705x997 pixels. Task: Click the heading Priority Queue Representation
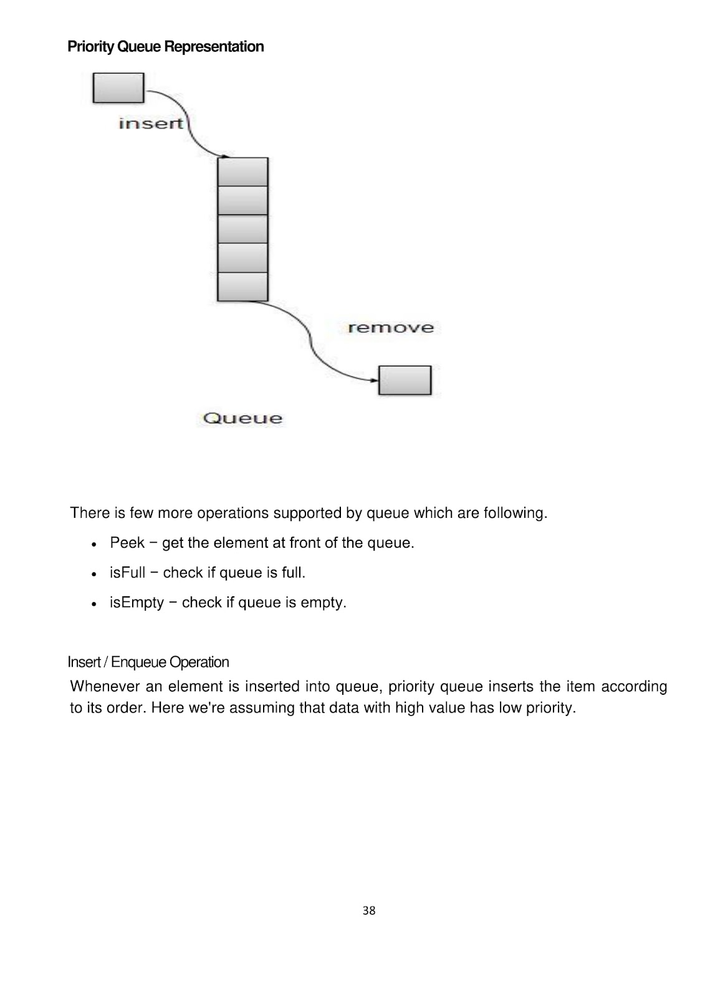[165, 47]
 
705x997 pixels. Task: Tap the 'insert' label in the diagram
[151, 123]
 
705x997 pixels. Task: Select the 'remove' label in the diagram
[390, 328]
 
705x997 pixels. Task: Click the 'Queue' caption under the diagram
[242, 418]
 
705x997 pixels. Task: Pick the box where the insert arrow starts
[118, 88]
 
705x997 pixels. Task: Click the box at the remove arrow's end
[405, 380]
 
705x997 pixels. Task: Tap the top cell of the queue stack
[242, 172]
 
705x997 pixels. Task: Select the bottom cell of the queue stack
[242, 287]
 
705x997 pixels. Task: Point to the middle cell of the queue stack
[242, 229]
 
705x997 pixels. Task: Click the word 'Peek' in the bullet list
[127, 543]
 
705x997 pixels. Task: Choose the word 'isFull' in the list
[127, 573]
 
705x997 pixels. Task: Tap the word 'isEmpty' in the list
[137, 603]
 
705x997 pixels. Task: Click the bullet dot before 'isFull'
[93, 573]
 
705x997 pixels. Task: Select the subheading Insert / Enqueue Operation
[148, 662]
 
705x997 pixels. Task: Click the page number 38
[369, 910]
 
